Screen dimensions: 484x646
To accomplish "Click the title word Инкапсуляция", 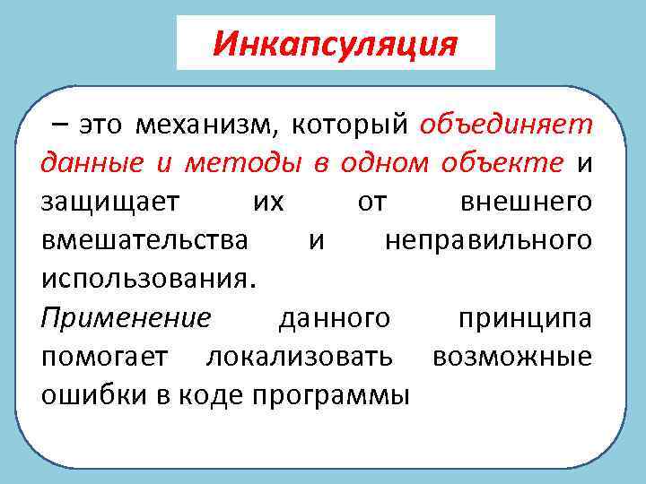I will pos(336,43).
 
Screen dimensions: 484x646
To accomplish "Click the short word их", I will pos(268,203).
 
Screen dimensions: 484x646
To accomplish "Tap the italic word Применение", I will pos(127,318).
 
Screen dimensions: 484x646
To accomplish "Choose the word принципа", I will pos(525,318).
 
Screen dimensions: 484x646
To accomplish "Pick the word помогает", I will pos(103,357).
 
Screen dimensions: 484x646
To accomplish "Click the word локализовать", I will pos(300,357).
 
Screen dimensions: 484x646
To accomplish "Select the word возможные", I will pos(511,357).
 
